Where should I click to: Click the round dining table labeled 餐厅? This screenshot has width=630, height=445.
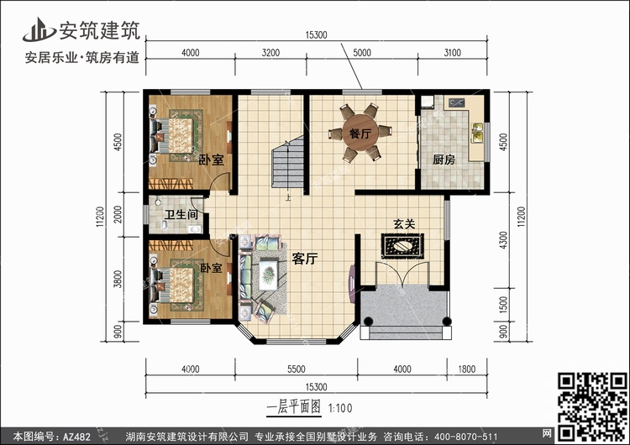[x=360, y=133]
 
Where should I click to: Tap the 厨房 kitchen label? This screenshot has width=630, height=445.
[x=444, y=160]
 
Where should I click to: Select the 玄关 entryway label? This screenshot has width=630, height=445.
[x=404, y=224]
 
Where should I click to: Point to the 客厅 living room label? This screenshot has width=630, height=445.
[x=305, y=259]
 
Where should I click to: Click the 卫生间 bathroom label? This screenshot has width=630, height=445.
[x=181, y=214]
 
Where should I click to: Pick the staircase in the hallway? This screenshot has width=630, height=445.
[x=287, y=161]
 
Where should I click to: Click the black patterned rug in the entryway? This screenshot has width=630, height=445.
[x=402, y=246]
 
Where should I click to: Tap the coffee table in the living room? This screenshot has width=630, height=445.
[x=268, y=275]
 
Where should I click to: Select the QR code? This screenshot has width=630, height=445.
[x=593, y=406]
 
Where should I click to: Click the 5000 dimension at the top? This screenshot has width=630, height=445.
[x=362, y=53]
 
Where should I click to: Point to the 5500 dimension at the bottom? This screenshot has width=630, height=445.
[x=297, y=369]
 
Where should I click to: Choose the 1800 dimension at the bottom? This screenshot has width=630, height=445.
[x=467, y=369]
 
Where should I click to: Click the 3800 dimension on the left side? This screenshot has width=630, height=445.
[x=118, y=279]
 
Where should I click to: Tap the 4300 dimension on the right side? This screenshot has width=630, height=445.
[x=503, y=240]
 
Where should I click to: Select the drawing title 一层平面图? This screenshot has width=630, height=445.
[x=294, y=408]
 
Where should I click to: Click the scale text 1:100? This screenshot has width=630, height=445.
[x=340, y=408]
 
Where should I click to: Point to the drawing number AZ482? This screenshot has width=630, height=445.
[x=76, y=437]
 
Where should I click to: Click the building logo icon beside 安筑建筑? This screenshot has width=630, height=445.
[x=39, y=29]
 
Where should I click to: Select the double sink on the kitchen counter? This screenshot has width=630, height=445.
[x=477, y=133]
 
